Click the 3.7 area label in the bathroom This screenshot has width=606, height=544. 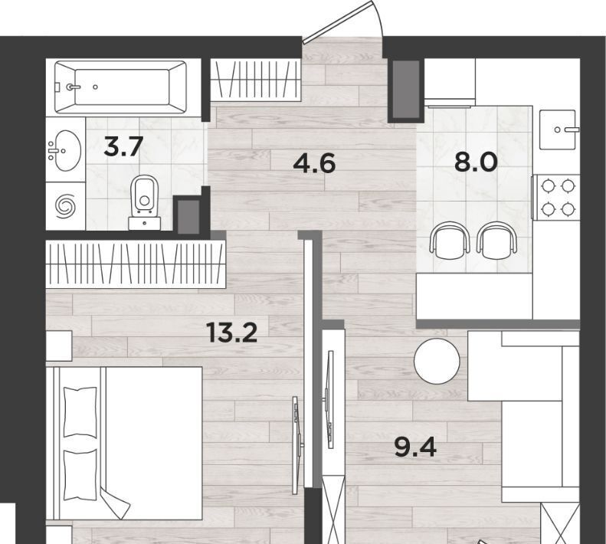tap(123, 146)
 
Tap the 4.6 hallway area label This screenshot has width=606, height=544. tap(314, 162)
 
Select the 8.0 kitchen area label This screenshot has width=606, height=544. tap(475, 162)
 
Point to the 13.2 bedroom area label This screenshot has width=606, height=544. tap(232, 332)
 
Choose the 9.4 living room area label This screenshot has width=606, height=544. tap(415, 447)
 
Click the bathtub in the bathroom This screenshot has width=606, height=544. tap(120, 87)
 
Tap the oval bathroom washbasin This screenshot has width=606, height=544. tap(66, 150)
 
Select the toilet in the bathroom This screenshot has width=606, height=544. tap(145, 202)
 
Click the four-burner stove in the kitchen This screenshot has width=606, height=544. tap(556, 198)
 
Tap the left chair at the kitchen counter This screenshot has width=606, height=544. tap(450, 241)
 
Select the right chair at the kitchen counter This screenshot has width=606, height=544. tap(496, 241)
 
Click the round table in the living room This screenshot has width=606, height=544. tap(437, 361)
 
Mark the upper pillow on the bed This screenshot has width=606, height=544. tap(80, 411)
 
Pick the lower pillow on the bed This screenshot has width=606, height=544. tap(80, 475)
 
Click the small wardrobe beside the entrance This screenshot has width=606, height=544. tap(255, 80)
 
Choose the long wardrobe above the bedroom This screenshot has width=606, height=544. tap(136, 264)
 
